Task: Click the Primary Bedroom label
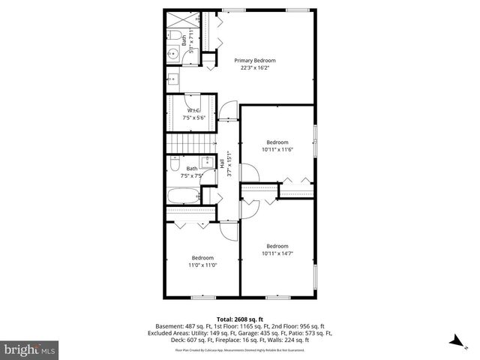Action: (x=255, y=61)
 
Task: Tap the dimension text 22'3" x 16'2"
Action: (x=255, y=68)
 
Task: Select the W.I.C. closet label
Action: (x=194, y=111)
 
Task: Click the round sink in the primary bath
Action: (x=172, y=52)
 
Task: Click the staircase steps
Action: (x=187, y=143)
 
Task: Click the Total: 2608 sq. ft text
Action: (x=240, y=319)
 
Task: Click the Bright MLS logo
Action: (x=30, y=349)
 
